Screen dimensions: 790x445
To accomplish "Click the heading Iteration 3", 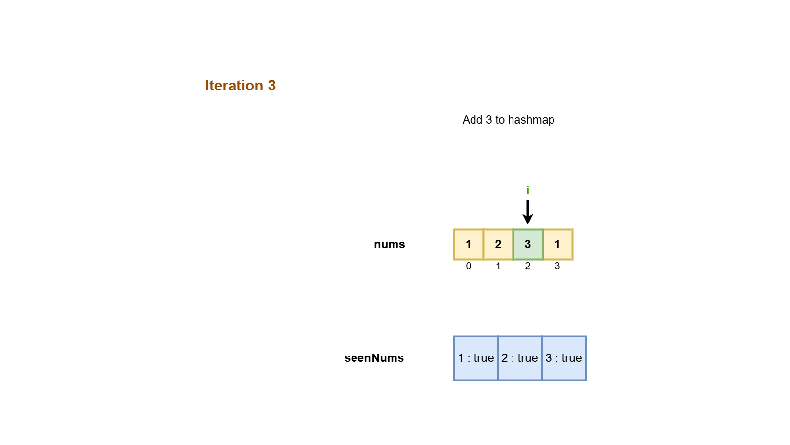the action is click(240, 86).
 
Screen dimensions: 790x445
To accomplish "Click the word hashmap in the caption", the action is click(531, 120).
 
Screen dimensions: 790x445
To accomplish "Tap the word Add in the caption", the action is click(472, 120).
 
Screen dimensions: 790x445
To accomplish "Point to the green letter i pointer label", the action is click(528, 190).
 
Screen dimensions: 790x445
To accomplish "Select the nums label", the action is click(389, 244).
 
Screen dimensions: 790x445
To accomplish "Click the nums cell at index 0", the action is click(469, 244).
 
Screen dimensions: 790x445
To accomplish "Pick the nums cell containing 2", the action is click(498, 244).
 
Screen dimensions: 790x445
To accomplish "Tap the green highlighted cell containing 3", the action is click(528, 244).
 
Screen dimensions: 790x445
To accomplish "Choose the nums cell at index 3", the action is click(557, 244).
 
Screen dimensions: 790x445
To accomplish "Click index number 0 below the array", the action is click(469, 266).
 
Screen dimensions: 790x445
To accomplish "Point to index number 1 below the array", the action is click(498, 266).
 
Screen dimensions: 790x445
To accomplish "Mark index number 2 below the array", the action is click(528, 266).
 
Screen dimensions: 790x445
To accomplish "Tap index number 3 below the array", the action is click(557, 266).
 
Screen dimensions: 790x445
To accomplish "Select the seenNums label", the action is click(374, 358).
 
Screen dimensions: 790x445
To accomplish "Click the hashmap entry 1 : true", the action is click(475, 358).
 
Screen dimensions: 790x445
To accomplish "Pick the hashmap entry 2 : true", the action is click(519, 358).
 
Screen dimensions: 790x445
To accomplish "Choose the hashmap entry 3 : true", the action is click(563, 358).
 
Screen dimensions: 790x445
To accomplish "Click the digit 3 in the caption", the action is click(489, 120).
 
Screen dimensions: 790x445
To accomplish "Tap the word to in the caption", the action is click(500, 120).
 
